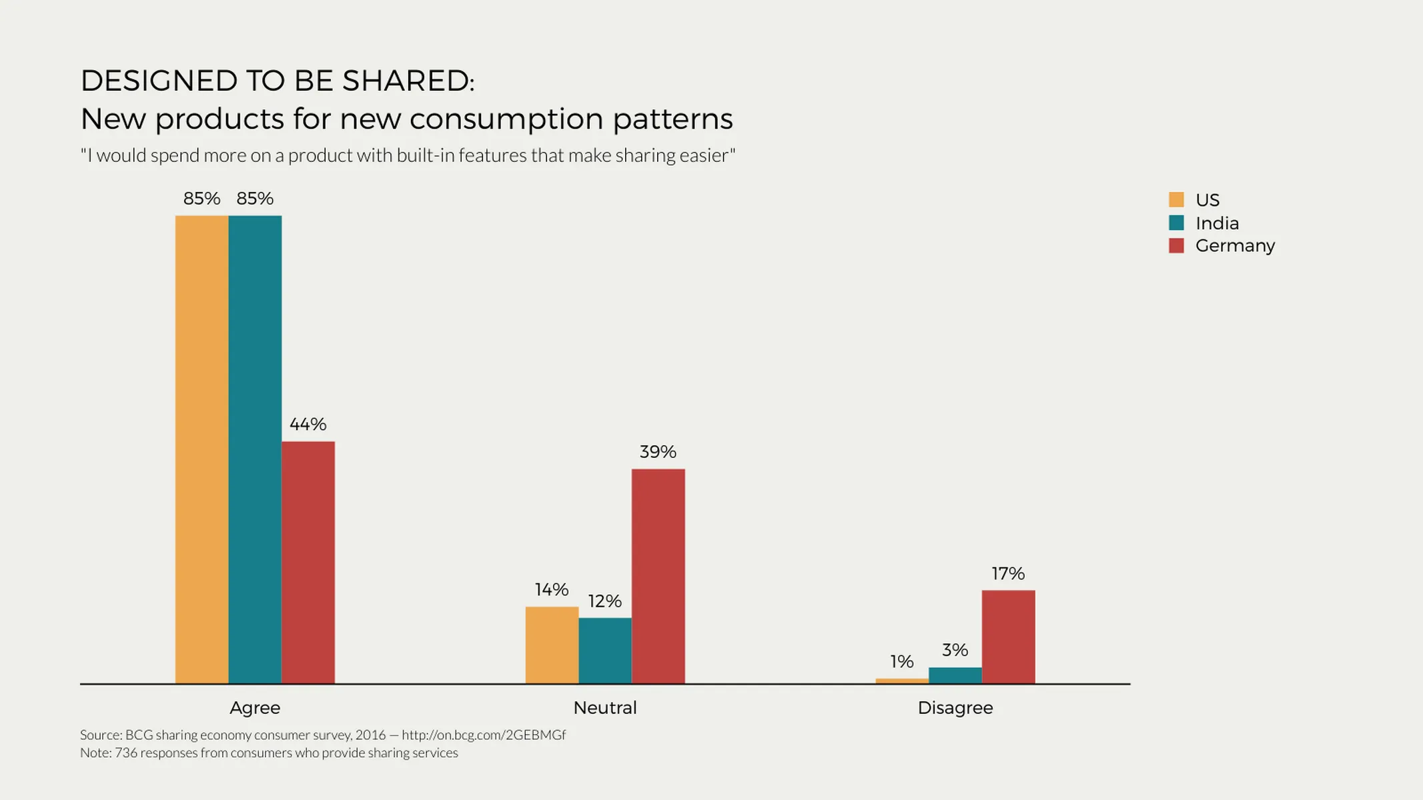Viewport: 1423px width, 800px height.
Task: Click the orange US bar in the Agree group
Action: pyautogui.click(x=201, y=449)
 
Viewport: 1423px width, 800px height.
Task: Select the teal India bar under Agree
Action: pyautogui.click(x=255, y=449)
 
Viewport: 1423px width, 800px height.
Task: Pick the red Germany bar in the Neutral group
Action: pyautogui.click(x=658, y=576)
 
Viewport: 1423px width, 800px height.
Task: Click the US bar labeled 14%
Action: pyautogui.click(x=552, y=645)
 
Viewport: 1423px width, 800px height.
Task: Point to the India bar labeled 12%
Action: pyautogui.click(x=604, y=650)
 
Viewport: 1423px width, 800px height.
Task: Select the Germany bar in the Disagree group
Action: pyautogui.click(x=1008, y=637)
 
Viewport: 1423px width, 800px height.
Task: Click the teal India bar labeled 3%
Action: pyautogui.click(x=955, y=675)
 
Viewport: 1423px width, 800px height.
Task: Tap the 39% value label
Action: pyautogui.click(x=658, y=452)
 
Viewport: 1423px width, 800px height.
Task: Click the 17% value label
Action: pyautogui.click(x=1007, y=573)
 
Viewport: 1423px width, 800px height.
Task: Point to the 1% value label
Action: pyautogui.click(x=901, y=661)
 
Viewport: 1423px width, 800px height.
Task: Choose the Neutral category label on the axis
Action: pyautogui.click(x=604, y=707)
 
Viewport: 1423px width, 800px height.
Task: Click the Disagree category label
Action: pyautogui.click(x=955, y=707)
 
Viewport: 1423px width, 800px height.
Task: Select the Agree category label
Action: pyautogui.click(x=255, y=707)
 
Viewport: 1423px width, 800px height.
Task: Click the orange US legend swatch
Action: pyautogui.click(x=1176, y=199)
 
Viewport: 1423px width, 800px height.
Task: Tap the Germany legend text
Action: pyautogui.click(x=1235, y=245)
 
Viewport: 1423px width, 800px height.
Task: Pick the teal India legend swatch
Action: pyautogui.click(x=1176, y=223)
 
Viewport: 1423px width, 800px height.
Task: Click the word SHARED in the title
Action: pyautogui.click(x=406, y=81)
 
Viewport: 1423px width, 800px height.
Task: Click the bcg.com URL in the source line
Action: pyautogui.click(x=483, y=735)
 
